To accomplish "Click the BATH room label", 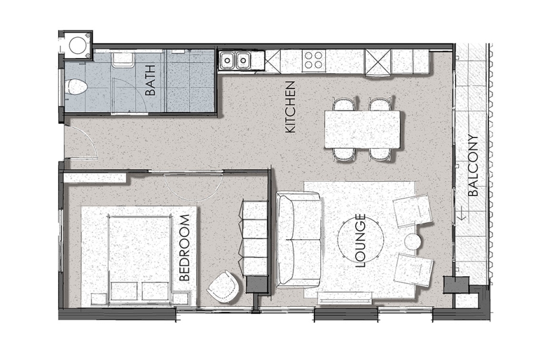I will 150,81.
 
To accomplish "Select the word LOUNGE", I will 360,240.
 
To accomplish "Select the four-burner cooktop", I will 314,60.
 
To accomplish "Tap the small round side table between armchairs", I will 414,242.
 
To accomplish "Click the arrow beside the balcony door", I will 462,213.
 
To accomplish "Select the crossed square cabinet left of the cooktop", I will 273,59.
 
